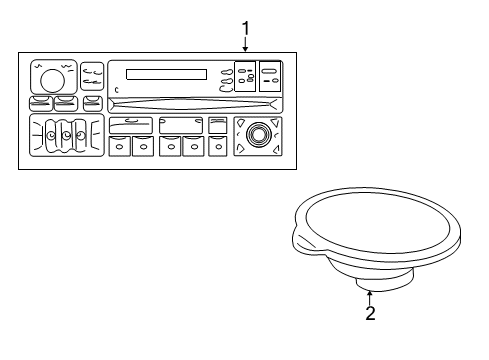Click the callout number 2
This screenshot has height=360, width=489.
pyautogui.click(x=370, y=313)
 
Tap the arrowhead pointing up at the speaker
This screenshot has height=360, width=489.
pyautogui.click(x=370, y=292)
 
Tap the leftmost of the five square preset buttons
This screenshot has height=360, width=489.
pyautogui.click(x=118, y=146)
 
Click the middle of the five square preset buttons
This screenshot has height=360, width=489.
pyautogui.click(x=168, y=146)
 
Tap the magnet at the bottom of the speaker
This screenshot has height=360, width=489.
pyautogui.click(x=369, y=274)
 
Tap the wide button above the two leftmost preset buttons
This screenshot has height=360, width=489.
pyautogui.click(x=129, y=124)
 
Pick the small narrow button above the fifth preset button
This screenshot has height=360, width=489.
pyautogui.click(x=217, y=124)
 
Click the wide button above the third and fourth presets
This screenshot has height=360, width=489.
pyautogui.click(x=180, y=124)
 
